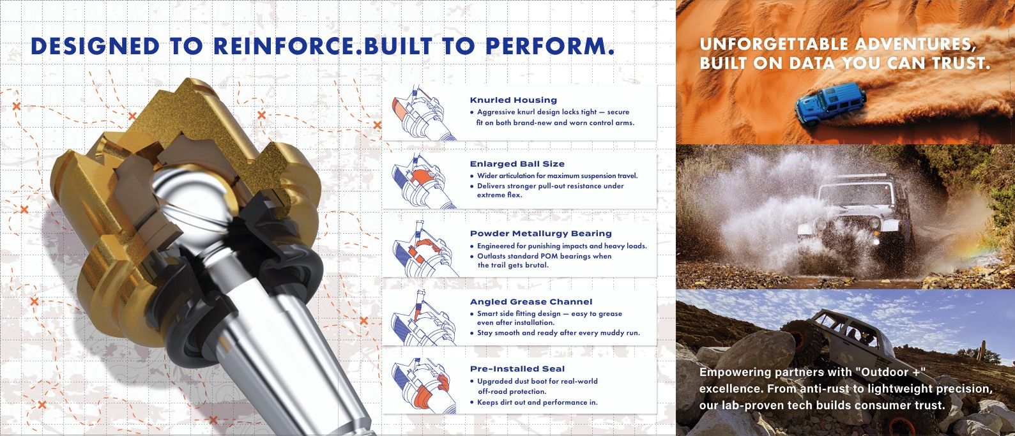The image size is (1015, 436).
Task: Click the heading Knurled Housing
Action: click(514, 100)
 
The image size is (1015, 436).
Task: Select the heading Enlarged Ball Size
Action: click(517, 164)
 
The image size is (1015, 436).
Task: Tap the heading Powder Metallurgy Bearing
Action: click(540, 234)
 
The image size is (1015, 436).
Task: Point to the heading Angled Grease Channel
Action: click(531, 301)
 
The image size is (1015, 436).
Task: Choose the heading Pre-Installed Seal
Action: click(517, 368)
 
